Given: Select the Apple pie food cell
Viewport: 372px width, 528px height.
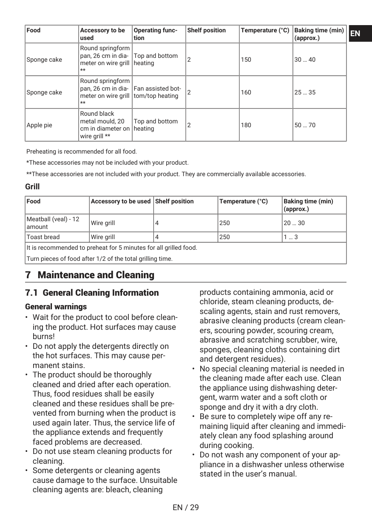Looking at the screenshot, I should [40, 125].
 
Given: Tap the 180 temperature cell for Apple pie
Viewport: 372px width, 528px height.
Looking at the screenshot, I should [246, 125].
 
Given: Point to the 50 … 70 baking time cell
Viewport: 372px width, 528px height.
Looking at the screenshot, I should [305, 125].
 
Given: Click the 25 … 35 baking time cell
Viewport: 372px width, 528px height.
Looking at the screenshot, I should [305, 92].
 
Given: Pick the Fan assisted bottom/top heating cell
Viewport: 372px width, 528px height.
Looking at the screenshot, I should [157, 92].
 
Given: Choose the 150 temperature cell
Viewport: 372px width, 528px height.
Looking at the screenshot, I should [246, 60].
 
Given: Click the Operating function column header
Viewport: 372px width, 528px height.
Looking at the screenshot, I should [156, 34].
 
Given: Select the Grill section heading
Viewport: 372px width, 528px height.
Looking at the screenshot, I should [32, 187].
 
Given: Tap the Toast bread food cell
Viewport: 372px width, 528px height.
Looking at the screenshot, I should [43, 237].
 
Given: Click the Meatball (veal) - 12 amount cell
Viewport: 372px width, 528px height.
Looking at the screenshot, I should [53, 223].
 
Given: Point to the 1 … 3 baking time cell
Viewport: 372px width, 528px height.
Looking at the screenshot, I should [290, 237].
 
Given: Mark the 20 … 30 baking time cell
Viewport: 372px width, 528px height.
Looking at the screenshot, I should [294, 223].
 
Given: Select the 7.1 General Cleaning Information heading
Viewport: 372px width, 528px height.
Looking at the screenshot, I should [92, 293].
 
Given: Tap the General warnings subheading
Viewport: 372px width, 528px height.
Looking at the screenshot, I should [56, 307].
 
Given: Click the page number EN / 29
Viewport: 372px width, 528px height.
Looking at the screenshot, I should [186, 507].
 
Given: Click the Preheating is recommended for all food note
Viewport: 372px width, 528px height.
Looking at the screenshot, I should [82, 151].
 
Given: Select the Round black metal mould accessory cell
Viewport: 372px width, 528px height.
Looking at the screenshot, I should [105, 125].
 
